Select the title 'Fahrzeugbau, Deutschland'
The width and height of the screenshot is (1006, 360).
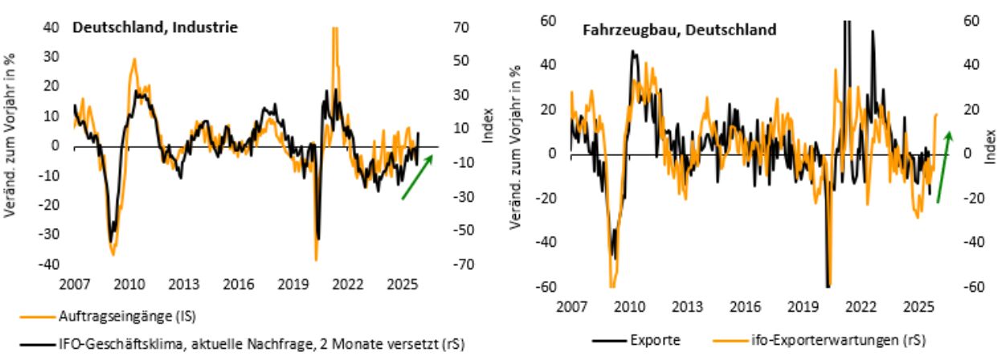(679, 31)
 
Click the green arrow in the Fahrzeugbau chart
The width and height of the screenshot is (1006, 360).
(945, 166)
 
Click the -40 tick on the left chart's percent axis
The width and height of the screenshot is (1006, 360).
(50, 264)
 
